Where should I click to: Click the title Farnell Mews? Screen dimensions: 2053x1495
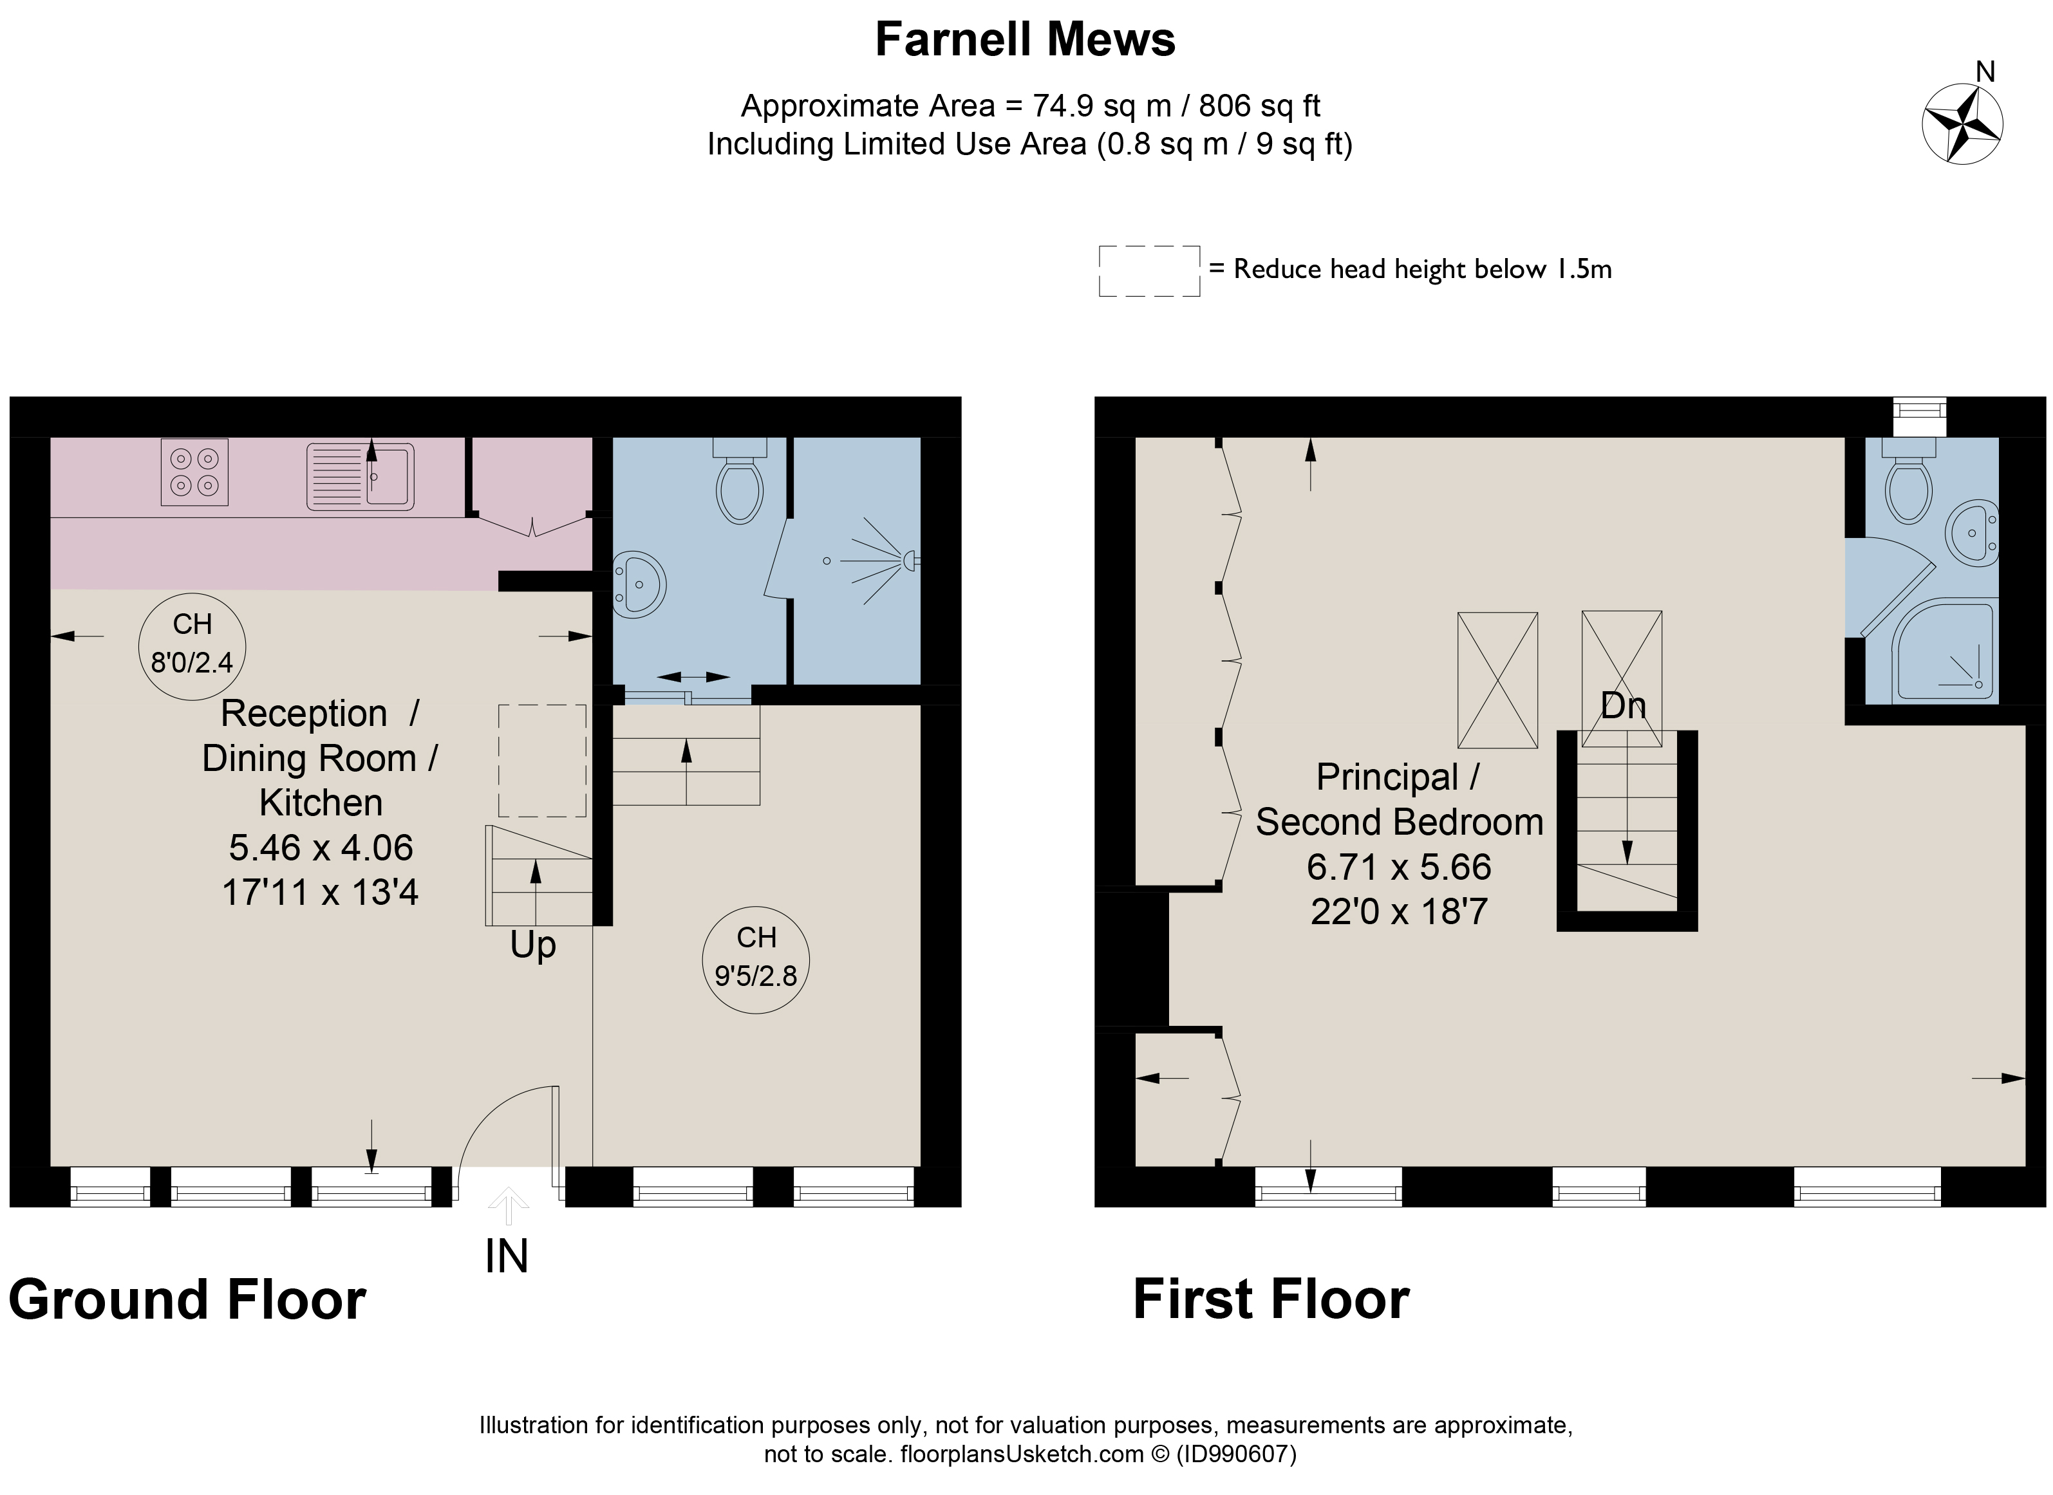point(1025,40)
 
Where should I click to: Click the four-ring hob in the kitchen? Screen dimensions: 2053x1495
point(194,472)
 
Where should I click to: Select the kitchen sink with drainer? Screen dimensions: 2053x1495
point(361,475)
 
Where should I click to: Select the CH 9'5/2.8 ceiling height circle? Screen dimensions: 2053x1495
point(756,960)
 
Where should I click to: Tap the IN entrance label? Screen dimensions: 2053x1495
point(506,1256)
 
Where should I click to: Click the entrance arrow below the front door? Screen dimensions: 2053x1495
point(508,1206)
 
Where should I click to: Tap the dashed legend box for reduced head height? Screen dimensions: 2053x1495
point(1150,270)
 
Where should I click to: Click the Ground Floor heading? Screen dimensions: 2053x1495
point(187,1301)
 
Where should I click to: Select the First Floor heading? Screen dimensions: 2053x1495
point(1271,1301)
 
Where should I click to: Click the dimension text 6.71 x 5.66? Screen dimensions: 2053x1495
point(1398,867)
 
